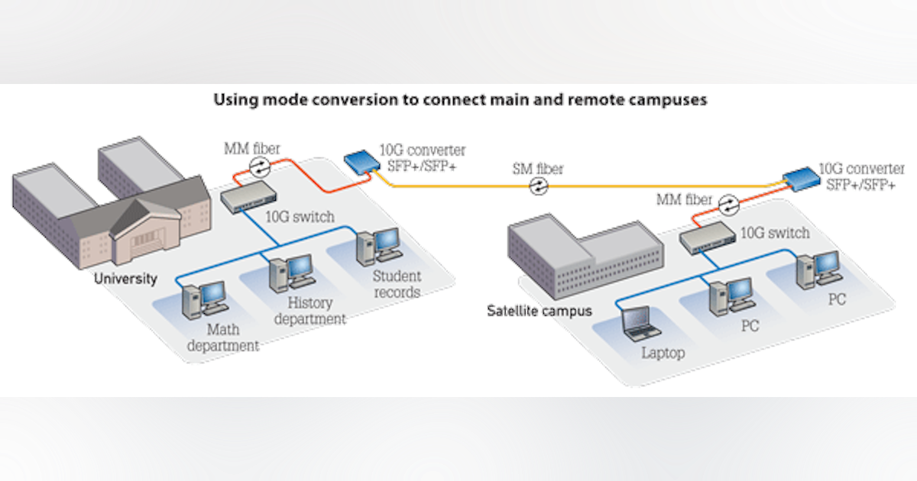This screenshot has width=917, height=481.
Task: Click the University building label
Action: point(125,278)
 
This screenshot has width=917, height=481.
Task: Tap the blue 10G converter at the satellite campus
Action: point(802,179)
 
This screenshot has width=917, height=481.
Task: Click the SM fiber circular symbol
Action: point(540,186)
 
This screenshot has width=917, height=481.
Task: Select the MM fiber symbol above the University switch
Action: point(261,166)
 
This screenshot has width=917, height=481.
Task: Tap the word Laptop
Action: point(663,353)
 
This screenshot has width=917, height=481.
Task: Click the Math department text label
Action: point(222,338)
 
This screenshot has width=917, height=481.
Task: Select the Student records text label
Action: point(397,284)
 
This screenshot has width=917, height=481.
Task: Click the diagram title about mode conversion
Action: point(459,100)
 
